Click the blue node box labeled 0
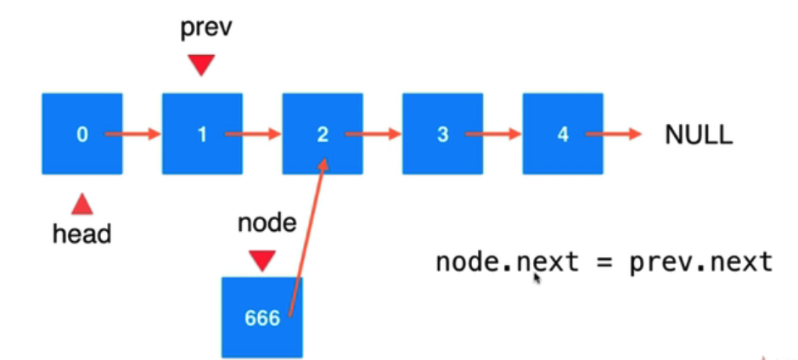81,133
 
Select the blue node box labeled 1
202,133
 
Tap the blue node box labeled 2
323,133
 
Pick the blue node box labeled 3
442,133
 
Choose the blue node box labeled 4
563,133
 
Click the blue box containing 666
262,317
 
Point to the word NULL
699,135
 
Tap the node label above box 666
263,225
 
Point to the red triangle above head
82,203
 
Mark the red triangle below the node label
262,259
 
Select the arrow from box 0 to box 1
132,133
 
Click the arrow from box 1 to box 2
253,133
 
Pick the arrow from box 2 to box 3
374,133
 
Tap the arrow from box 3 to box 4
494,133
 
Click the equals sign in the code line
604,262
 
